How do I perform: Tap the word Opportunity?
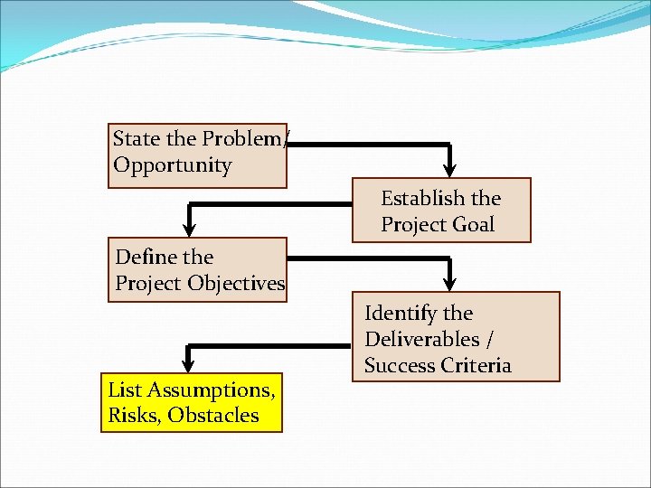172,165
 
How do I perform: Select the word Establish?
422,198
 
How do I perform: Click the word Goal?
473,224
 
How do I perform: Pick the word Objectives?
236,283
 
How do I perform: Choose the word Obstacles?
213,416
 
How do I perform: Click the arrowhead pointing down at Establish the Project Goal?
451,168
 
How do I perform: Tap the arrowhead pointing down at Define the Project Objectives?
190,228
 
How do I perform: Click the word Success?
398,365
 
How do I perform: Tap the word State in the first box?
136,139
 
